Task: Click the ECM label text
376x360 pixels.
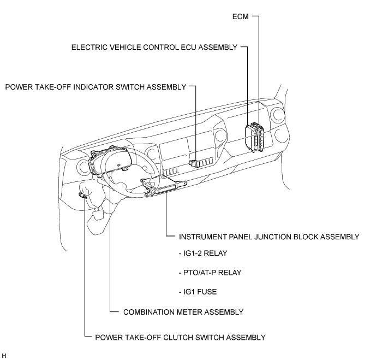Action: (241, 16)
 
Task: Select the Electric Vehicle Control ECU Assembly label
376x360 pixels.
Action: (154, 47)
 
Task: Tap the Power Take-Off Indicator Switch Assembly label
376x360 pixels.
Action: (96, 87)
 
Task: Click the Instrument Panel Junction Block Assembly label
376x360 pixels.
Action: (269, 237)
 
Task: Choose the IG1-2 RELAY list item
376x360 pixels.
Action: (203, 253)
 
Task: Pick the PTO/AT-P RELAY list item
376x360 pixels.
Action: (210, 273)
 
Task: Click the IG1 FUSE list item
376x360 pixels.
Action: (198, 292)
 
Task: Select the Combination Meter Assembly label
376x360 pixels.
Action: (183, 312)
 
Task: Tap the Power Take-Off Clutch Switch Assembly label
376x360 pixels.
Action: (180, 338)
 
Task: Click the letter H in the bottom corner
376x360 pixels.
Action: (4, 356)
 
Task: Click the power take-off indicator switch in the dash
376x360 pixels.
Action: (194, 163)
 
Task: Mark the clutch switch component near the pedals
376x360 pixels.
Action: (83, 196)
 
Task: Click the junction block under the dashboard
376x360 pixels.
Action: (166, 188)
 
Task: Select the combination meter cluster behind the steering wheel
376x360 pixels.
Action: (110, 161)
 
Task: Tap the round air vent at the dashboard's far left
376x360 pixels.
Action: (83, 167)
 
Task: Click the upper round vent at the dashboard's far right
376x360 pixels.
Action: (278, 115)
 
